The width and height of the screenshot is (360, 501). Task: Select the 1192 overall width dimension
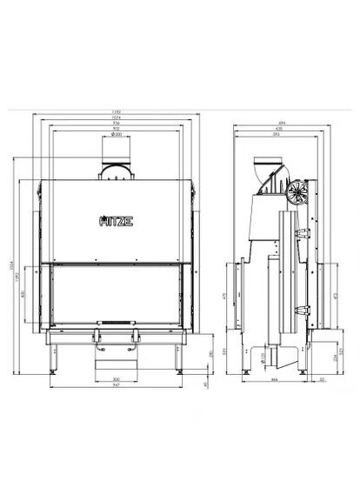click(116, 113)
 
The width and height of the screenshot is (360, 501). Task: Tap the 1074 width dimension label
click(116, 120)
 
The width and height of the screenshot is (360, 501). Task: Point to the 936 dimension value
click(116, 127)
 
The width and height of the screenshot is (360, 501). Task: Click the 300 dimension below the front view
click(116, 379)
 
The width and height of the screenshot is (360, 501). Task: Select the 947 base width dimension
click(116, 386)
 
